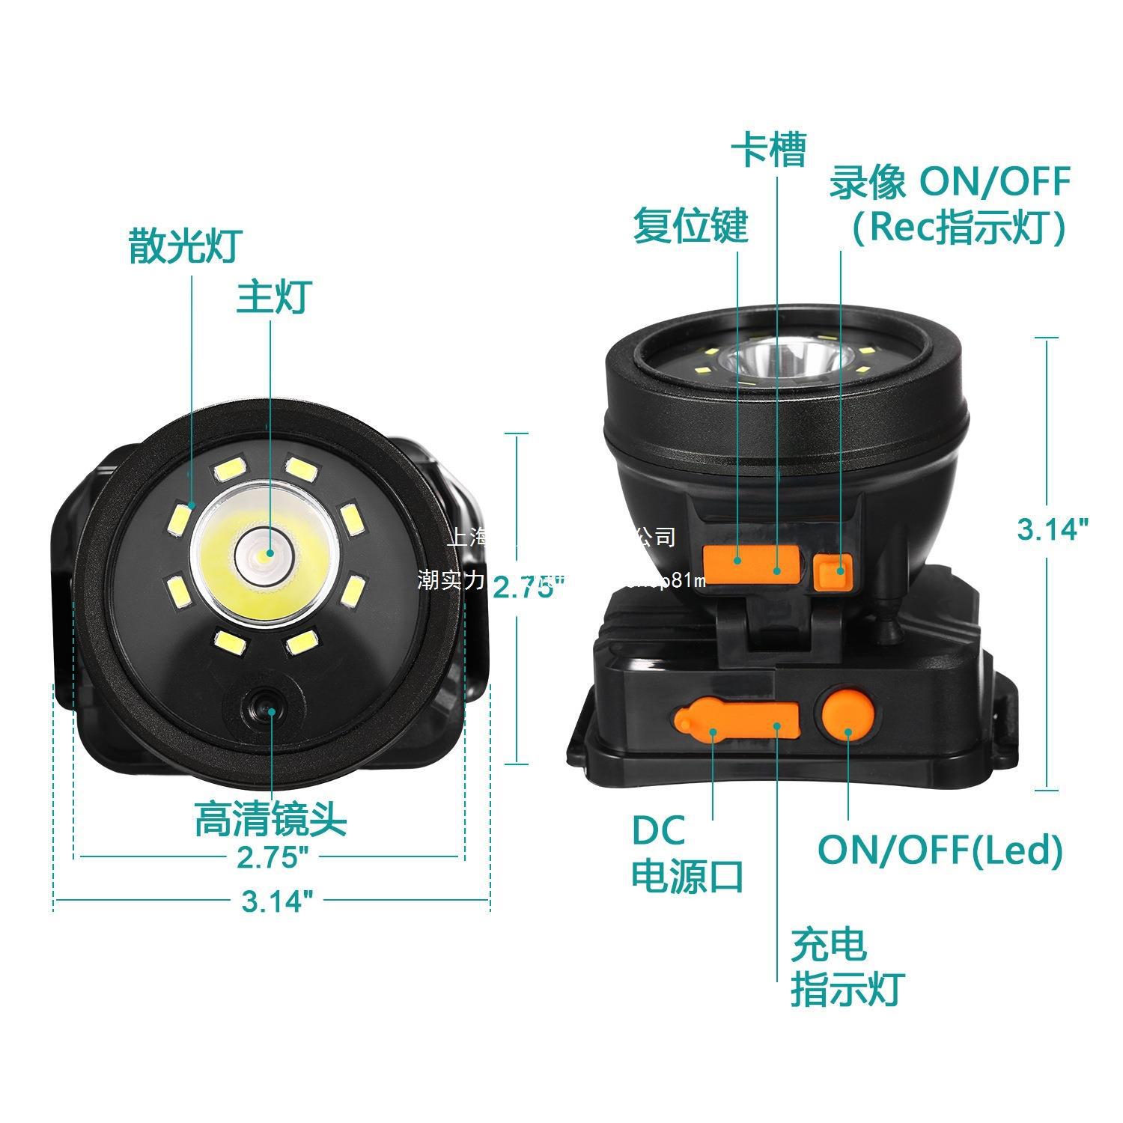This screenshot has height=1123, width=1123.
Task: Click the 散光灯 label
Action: point(185,246)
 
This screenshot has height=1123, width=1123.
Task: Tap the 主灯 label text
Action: point(273,297)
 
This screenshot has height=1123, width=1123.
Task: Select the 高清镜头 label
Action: point(271,819)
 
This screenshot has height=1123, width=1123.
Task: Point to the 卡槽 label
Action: point(768,150)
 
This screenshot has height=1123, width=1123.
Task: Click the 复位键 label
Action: point(690,225)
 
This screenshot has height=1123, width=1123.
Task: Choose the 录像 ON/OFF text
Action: point(949,182)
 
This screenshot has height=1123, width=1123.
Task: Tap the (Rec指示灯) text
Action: point(958,227)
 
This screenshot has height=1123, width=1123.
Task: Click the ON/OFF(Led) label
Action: point(940,850)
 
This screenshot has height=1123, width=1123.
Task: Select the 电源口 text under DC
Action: point(687,875)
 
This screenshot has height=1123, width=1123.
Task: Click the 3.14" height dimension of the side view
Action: point(1051,529)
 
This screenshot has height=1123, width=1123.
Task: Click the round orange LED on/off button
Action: point(847,715)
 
